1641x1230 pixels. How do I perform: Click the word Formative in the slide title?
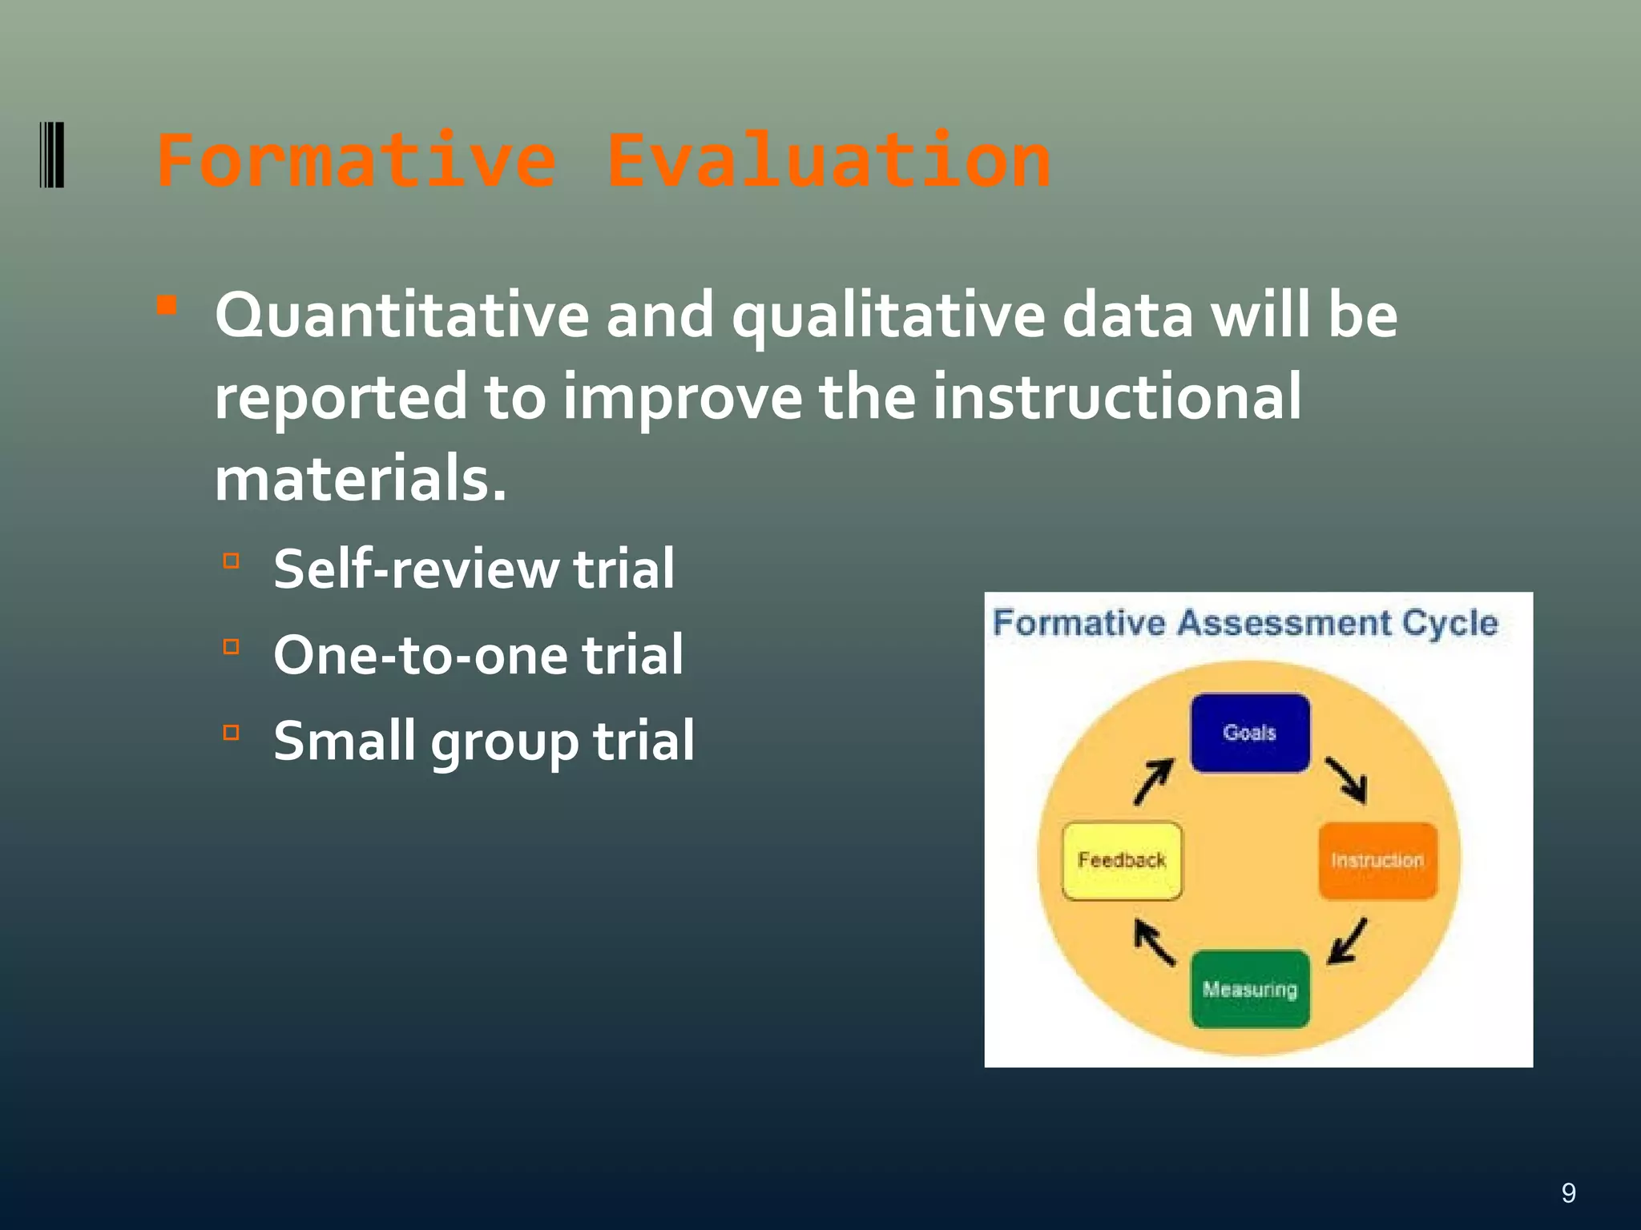click(x=357, y=162)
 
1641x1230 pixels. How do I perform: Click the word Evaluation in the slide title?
click(x=829, y=162)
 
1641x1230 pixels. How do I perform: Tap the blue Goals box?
click(x=1250, y=733)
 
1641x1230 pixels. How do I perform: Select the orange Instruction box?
click(x=1377, y=861)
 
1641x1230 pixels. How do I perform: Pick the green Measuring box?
click(x=1250, y=989)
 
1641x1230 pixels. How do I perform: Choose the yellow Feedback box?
click(x=1122, y=861)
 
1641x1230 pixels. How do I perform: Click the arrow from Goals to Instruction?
click(x=1347, y=779)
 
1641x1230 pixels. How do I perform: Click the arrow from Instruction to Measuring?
click(x=1348, y=942)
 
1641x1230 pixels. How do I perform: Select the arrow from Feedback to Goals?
click(x=1154, y=781)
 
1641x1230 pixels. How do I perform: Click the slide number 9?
click(x=1568, y=1193)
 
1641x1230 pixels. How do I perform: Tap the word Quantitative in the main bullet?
click(x=401, y=316)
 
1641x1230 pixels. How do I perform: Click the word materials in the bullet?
click(x=360, y=479)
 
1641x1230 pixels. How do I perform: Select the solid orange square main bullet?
click(x=167, y=305)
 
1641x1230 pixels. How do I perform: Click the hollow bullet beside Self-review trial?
click(x=232, y=561)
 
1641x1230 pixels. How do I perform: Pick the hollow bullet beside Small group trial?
click(x=232, y=732)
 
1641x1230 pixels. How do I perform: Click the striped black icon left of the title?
click(x=52, y=155)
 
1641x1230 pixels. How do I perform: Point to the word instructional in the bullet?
click(x=1117, y=397)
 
